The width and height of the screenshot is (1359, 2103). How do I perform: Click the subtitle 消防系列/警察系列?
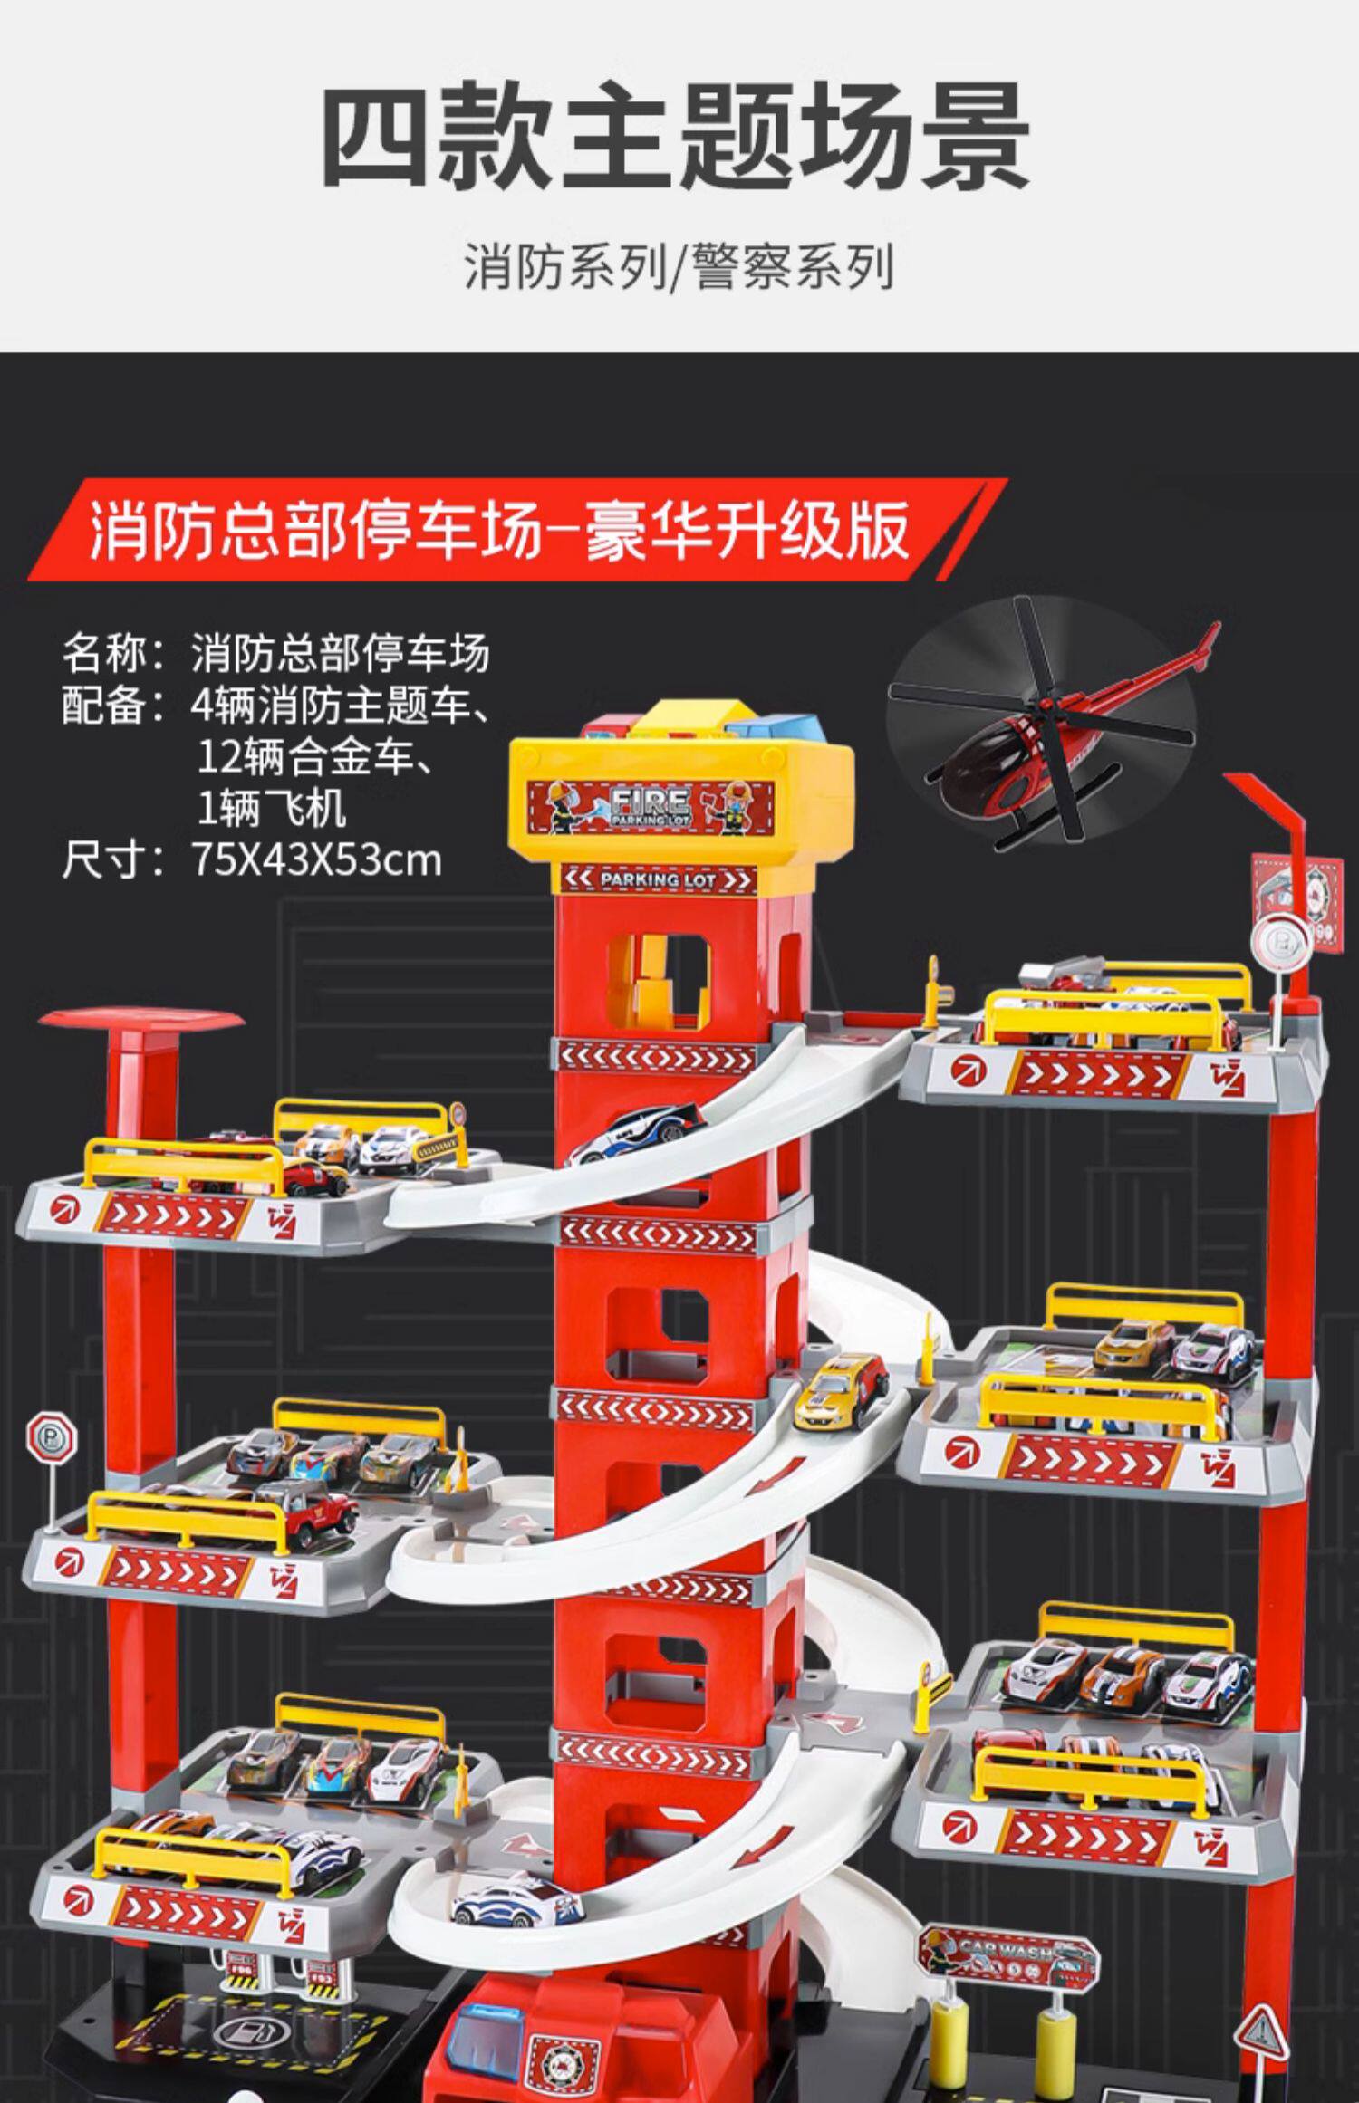(x=679, y=267)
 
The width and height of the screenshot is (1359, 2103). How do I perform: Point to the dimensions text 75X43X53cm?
(x=317, y=859)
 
